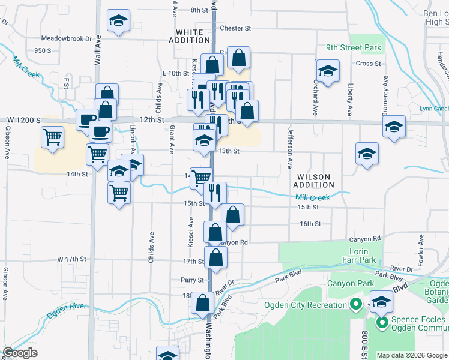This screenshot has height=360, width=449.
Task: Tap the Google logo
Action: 20,353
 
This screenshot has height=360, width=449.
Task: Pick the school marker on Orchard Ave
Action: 328,71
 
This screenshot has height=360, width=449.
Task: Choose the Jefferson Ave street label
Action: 289,146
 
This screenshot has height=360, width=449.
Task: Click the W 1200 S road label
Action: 21,121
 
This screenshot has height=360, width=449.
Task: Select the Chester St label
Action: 235,28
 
